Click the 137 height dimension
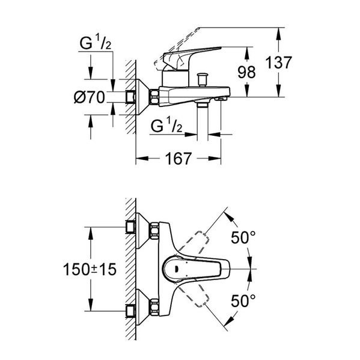click(278, 63)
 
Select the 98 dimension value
click(246, 72)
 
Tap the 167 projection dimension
click(178, 159)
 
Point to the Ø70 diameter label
click(90, 97)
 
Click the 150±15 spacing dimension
click(90, 269)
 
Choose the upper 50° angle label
click(243, 237)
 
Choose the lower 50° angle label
click(243, 301)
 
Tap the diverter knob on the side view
click(203, 79)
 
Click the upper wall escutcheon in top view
click(142, 231)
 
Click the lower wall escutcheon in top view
click(142, 307)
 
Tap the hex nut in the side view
click(154, 97)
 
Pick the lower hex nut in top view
click(154, 307)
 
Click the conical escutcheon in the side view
click(142, 97)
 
